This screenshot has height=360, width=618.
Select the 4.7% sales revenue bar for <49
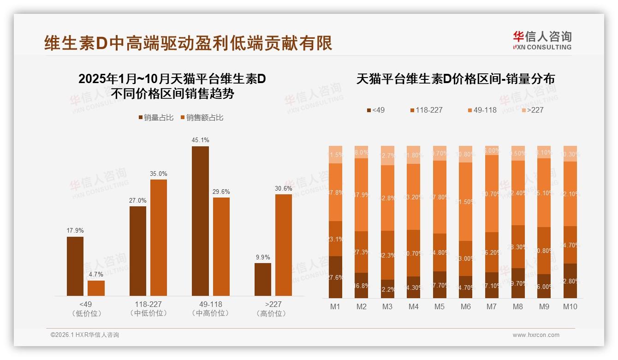96,288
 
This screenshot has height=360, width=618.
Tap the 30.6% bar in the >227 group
284,245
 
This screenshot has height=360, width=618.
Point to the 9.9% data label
262,257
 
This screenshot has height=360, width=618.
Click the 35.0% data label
159,174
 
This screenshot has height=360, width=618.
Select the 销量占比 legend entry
156,118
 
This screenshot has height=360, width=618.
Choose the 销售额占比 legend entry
202,118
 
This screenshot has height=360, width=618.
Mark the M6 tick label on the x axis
465,306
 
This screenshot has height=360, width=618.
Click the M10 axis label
570,306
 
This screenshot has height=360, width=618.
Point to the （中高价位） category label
210,313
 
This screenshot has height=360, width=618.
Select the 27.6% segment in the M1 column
336,277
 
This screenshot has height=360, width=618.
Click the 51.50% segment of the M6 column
465,202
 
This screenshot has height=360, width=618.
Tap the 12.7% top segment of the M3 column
387,156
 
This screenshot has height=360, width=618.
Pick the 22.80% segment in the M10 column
570,281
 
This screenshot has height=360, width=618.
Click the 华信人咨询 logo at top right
542,40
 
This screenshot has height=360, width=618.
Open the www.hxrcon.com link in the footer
536,335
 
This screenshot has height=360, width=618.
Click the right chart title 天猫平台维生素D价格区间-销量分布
455,79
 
